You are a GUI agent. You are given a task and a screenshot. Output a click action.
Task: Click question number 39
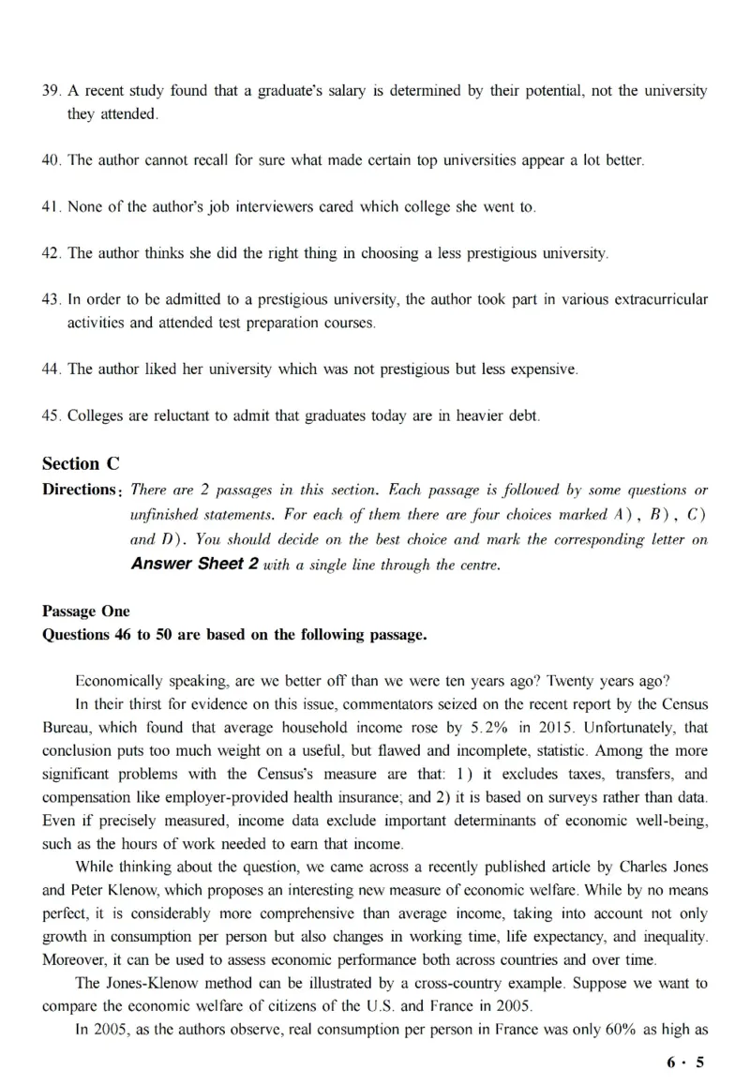[52, 91]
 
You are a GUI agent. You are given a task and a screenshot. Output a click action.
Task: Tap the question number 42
[52, 253]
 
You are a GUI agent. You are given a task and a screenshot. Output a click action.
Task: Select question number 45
[52, 415]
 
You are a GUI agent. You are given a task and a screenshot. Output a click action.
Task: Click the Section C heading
[82, 463]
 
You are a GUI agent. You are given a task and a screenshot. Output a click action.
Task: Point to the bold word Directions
[82, 490]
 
